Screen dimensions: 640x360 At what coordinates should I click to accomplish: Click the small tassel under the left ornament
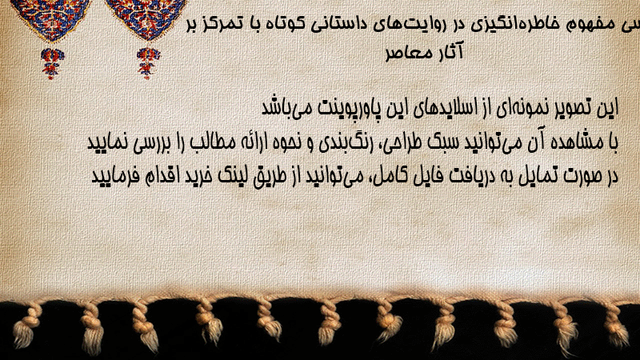click(x=52, y=62)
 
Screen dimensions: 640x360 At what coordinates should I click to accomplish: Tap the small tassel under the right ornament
click(x=148, y=62)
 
